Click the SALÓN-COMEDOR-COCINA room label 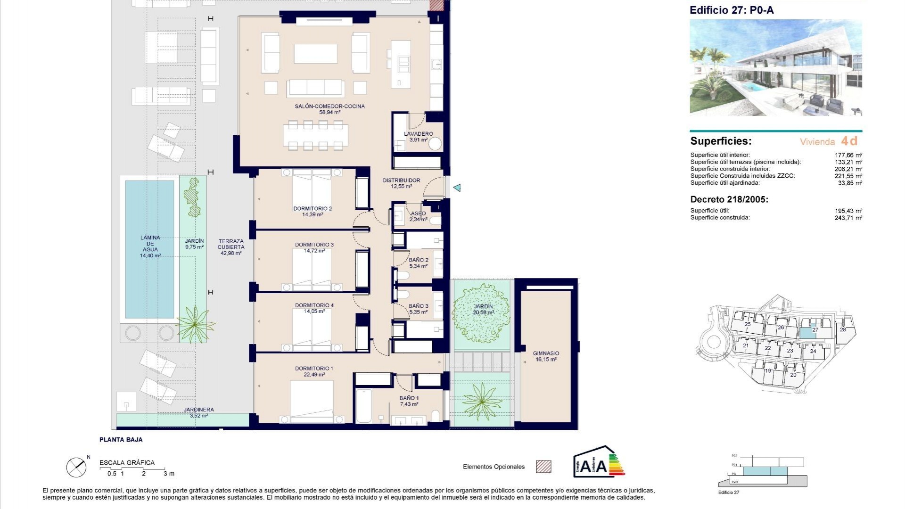[x=329, y=107]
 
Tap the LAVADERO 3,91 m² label [x=418, y=137]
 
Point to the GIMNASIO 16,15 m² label [x=546, y=356]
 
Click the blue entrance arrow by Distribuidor [x=457, y=188]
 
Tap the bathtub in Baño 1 [x=363, y=406]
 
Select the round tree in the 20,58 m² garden [x=481, y=312]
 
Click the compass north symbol [x=76, y=467]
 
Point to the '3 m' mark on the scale [x=168, y=474]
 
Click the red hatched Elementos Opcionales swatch [x=543, y=467]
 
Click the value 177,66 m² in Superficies [x=848, y=155]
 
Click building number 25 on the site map [x=748, y=324]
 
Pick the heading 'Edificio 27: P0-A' [x=732, y=10]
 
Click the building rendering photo [x=776, y=67]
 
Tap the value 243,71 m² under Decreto [x=848, y=218]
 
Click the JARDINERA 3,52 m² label [x=198, y=412]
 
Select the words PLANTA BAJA [x=121, y=440]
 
